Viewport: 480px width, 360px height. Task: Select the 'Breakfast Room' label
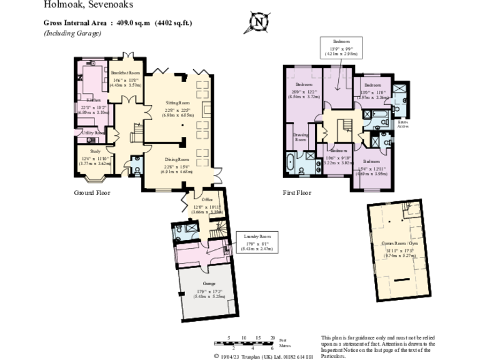coord(126,73)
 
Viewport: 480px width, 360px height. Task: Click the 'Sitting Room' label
coord(177,102)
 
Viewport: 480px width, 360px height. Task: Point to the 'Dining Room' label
coord(177,159)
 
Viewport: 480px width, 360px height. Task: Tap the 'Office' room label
coord(198,200)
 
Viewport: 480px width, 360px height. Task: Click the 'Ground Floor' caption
coord(92,193)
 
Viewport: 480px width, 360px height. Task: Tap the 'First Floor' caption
coord(296,193)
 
